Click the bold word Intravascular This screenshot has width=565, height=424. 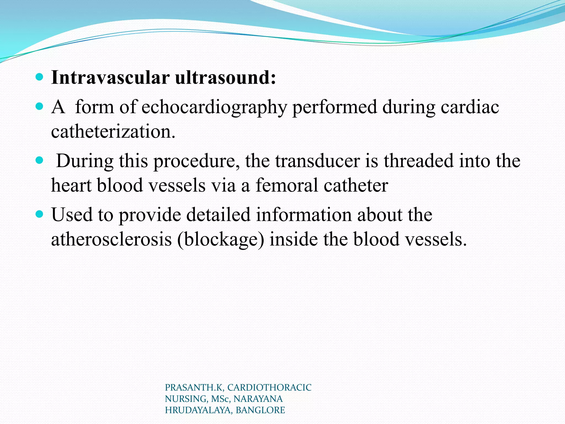coord(110,78)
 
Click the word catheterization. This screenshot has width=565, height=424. coord(113,131)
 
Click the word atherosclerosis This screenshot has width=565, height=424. coord(111,239)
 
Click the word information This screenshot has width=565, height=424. coord(304,215)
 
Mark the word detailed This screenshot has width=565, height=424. coord(218,215)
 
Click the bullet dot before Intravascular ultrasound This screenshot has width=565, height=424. coord(40,77)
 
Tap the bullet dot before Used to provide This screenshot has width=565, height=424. coord(40,214)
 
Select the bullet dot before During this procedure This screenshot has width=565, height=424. coord(40,160)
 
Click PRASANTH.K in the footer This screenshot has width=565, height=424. coord(194,388)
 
